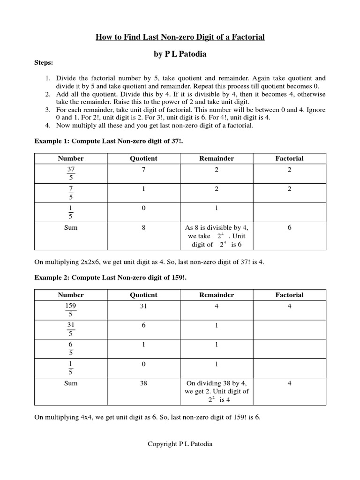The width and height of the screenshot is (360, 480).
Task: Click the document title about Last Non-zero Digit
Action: (x=180, y=37)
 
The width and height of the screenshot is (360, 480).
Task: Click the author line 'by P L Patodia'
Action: (x=180, y=54)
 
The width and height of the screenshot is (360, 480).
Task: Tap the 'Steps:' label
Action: (x=44, y=62)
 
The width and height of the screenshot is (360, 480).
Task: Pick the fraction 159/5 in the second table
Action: (x=71, y=310)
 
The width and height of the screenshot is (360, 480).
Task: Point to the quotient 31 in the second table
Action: (x=143, y=306)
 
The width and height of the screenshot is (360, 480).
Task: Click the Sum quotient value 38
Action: (x=143, y=383)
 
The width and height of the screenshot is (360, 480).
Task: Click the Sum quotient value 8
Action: (x=143, y=227)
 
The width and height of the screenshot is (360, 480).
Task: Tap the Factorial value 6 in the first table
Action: (x=289, y=227)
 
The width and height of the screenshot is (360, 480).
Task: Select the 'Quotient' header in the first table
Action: (x=143, y=158)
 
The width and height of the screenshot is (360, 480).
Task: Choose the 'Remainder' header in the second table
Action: (x=217, y=295)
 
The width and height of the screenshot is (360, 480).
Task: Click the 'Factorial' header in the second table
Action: (x=289, y=295)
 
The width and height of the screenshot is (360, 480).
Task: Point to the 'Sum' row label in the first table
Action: (x=71, y=227)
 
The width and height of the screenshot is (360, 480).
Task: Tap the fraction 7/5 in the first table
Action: (x=71, y=193)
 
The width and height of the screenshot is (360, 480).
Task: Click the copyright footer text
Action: (x=180, y=444)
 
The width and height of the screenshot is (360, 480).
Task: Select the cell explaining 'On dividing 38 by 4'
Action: (x=217, y=391)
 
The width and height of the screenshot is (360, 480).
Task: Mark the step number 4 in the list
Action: (x=48, y=126)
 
